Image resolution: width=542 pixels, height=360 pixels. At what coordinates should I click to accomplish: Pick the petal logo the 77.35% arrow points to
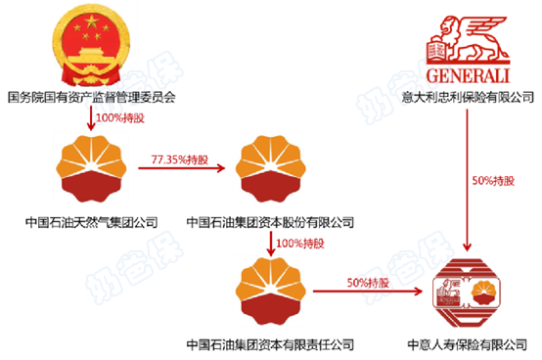[x=270, y=167]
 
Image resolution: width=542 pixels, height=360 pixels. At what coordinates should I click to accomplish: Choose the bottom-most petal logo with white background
[x=270, y=290]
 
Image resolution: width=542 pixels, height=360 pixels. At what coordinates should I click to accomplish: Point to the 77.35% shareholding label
[x=180, y=159]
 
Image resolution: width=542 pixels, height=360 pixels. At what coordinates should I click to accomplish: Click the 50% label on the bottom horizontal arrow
[x=368, y=282]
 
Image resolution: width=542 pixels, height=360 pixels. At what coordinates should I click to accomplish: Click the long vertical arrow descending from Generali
[x=469, y=176]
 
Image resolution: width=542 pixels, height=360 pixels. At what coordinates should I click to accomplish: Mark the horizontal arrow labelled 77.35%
[x=181, y=169]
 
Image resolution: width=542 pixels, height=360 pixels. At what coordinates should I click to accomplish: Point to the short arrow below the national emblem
[x=91, y=119]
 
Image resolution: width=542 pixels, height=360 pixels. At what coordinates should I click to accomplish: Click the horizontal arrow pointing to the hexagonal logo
[x=372, y=290]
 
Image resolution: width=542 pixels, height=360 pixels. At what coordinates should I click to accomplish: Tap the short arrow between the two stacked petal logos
[x=270, y=241]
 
